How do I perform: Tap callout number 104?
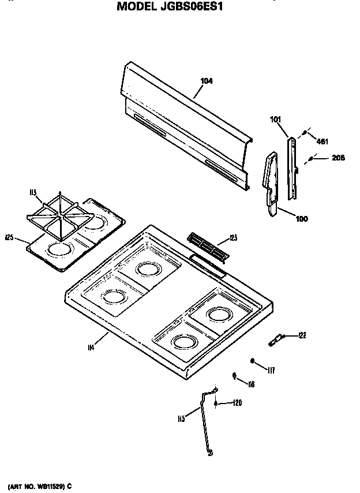(x=207, y=81)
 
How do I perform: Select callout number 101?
(x=275, y=120)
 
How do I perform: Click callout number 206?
(x=338, y=158)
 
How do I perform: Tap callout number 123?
(x=233, y=237)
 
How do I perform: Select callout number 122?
(x=302, y=335)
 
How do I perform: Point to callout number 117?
(x=271, y=370)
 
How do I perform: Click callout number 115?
(x=181, y=419)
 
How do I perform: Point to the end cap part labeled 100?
(x=270, y=185)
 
